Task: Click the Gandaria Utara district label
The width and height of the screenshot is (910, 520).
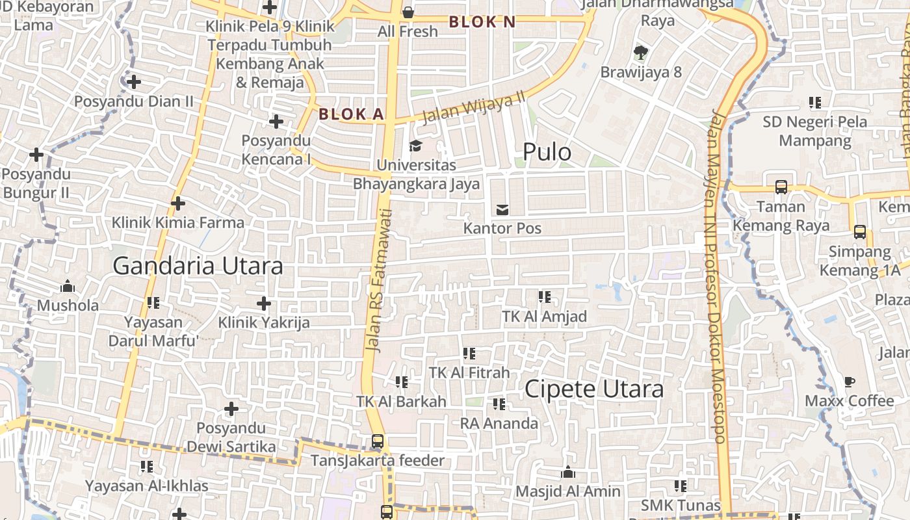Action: (x=198, y=266)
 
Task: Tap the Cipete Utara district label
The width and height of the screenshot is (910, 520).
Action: (x=594, y=389)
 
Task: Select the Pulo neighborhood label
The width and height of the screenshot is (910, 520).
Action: (x=547, y=152)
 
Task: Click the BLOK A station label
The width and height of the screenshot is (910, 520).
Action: (x=352, y=114)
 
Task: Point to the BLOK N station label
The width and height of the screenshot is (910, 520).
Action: (x=482, y=22)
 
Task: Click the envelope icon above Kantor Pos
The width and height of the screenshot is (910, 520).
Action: (x=502, y=209)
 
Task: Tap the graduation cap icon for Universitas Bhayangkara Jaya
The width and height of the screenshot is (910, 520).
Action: (x=415, y=146)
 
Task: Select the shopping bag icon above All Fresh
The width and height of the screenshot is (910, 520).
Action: (x=408, y=12)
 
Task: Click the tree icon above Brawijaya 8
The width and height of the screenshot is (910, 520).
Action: (x=641, y=53)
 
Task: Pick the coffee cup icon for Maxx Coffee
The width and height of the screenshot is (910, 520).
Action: (x=850, y=382)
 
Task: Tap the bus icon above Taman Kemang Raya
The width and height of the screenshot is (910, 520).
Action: (x=781, y=187)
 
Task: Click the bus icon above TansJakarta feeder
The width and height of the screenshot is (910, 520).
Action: (x=378, y=441)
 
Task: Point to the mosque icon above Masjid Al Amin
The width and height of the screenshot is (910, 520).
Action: (x=568, y=472)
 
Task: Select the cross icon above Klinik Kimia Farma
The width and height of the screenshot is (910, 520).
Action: (x=178, y=203)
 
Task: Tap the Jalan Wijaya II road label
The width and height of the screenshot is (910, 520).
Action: (x=473, y=107)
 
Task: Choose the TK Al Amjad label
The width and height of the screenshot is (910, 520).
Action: (x=545, y=317)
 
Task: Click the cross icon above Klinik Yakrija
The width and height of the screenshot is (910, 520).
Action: (x=264, y=304)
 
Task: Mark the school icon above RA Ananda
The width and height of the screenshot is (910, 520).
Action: (x=499, y=404)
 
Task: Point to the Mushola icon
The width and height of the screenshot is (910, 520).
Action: (x=68, y=286)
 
